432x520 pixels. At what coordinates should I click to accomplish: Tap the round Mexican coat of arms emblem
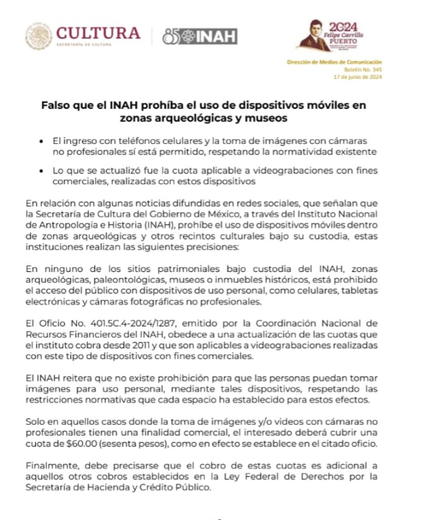pos(39,36)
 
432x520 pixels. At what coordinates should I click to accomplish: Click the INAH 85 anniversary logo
pos(200,36)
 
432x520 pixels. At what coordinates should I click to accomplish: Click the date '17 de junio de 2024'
pos(357,77)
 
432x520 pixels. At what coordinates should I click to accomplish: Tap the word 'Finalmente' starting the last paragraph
pos(51,466)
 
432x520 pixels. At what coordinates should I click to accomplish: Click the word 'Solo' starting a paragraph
pos(36,421)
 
